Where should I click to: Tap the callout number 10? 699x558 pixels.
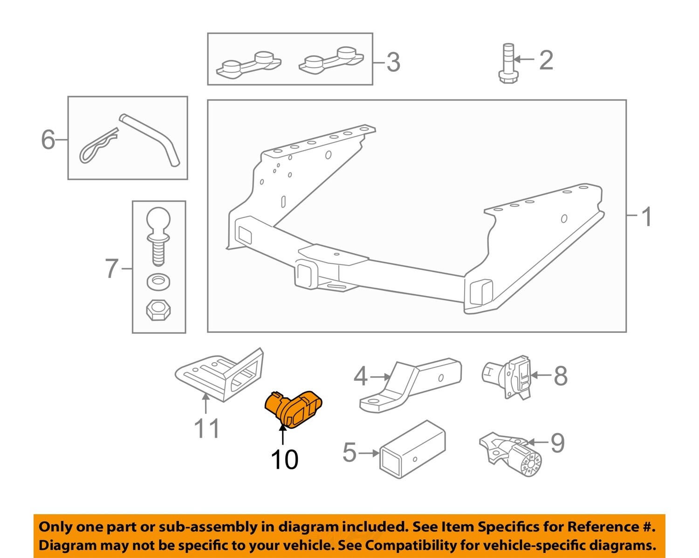284,460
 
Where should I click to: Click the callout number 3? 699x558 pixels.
393,62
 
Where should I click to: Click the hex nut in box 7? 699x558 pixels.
158,310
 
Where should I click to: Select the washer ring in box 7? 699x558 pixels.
158,281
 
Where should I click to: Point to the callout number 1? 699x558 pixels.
647,217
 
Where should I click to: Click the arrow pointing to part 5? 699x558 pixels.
369,453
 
